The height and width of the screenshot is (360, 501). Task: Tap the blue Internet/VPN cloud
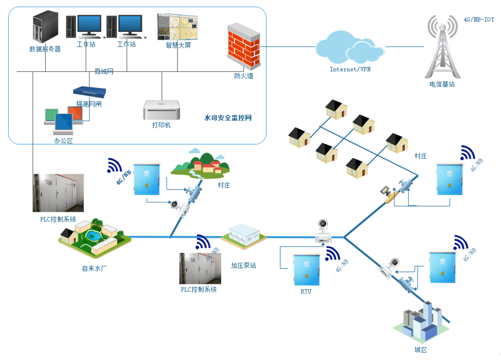click(349, 48)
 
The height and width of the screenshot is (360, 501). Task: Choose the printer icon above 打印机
click(161, 110)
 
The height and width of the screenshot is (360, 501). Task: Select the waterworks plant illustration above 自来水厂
click(95, 238)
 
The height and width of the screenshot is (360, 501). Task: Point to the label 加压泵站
click(243, 265)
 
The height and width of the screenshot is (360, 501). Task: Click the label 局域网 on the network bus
click(103, 72)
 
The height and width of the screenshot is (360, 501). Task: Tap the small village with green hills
click(200, 164)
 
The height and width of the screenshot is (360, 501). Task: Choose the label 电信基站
click(442, 85)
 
